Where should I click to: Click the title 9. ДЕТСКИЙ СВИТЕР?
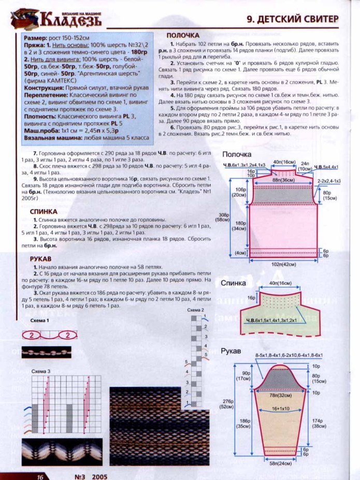pyautogui.click(x=292, y=19)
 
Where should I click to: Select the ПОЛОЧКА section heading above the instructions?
pyautogui.click(x=183, y=35)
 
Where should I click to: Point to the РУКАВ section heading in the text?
pyautogui.click(x=40, y=258)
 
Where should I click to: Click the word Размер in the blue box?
pyautogui.click(x=35, y=38)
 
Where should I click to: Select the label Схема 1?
pyautogui.click(x=40, y=321)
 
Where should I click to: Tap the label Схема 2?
pyautogui.click(x=196, y=310)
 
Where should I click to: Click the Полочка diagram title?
pyautogui.click(x=237, y=155)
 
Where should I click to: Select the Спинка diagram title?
pyautogui.click(x=233, y=283)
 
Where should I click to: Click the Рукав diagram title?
pyautogui.click(x=231, y=351)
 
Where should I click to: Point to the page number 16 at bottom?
pyautogui.click(x=39, y=476)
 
